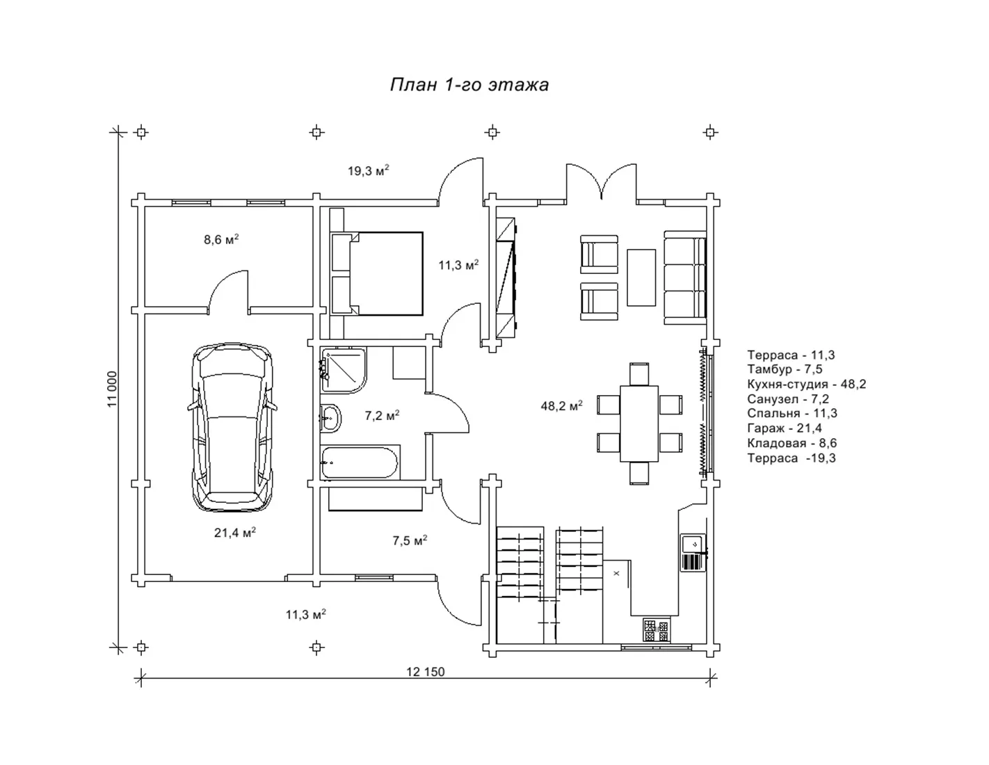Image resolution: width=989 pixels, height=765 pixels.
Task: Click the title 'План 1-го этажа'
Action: tap(469, 85)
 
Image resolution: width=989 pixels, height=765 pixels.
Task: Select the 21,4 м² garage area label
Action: tap(235, 532)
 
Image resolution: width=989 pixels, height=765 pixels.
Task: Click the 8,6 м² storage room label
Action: tap(221, 239)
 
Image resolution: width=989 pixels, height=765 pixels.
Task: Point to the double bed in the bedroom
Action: tap(377, 273)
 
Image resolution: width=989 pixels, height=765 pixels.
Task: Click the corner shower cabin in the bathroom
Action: tap(344, 371)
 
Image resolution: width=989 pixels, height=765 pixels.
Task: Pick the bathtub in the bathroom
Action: tap(360, 462)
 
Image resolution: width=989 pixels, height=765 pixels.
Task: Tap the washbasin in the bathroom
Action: tap(330, 417)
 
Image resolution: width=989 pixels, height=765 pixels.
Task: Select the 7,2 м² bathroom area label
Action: tap(382, 415)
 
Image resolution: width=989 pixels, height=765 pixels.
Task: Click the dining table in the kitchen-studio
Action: tap(639, 424)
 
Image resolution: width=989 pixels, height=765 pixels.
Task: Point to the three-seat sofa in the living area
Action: tap(685, 277)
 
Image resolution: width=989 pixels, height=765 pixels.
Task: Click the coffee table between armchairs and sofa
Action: tap(641, 277)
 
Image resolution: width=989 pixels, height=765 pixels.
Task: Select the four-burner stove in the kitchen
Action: tap(657, 630)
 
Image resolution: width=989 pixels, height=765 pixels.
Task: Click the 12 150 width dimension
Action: tap(425, 672)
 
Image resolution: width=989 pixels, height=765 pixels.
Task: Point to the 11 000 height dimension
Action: tap(112, 389)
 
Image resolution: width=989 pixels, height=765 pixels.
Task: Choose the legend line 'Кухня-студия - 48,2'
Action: tap(807, 384)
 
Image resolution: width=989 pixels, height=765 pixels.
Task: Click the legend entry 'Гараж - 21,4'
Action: tap(785, 428)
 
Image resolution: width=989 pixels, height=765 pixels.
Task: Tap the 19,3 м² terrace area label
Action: tap(368, 170)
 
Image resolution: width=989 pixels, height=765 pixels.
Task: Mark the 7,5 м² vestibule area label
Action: tap(410, 540)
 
